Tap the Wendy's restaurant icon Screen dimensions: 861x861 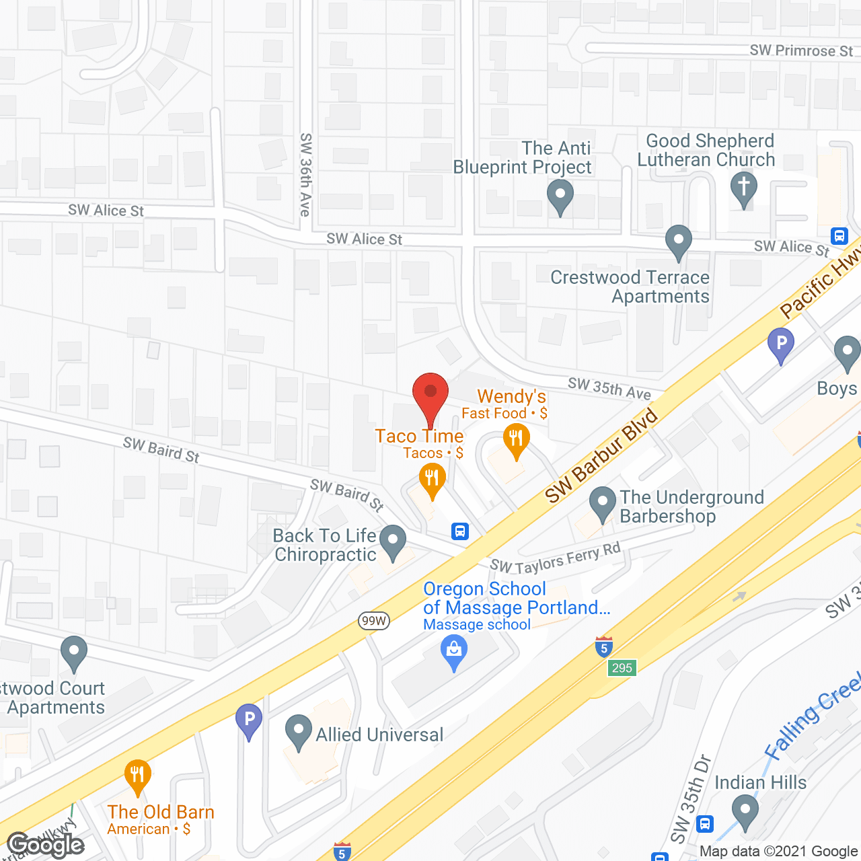pos(516,441)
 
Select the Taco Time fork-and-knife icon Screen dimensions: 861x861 pos(432,480)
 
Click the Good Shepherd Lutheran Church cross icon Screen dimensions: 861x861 pos(744,188)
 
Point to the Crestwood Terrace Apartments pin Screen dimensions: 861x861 pos(679,241)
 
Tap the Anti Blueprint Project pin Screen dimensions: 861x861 pos(560,198)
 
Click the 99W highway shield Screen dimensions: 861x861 pos(373,621)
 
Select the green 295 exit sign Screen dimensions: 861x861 pos(622,668)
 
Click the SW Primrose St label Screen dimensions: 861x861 pos(801,51)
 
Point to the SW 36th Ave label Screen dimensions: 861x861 pos(305,175)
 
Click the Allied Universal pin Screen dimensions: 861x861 pos(299,732)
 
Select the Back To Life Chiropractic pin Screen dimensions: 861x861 pos(393,541)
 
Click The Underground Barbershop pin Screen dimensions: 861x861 pos(603,503)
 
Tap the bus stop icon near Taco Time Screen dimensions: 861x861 pos(460,531)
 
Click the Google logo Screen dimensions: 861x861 pos(46,845)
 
